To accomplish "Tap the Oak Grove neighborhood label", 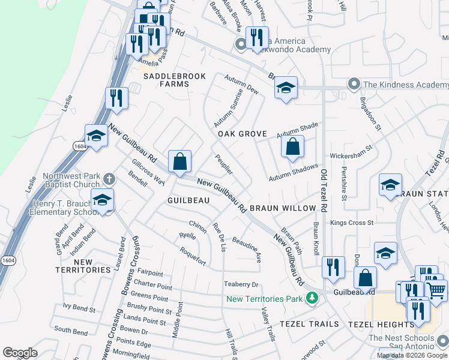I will [242, 134].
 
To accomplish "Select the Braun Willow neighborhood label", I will [282, 208].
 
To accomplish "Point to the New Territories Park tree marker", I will [312, 298].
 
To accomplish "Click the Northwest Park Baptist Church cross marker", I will [109, 178].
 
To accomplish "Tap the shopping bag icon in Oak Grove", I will [292, 146].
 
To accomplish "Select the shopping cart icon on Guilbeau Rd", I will [436, 290].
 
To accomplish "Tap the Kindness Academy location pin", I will [354, 85].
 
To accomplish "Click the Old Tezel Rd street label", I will [324, 190].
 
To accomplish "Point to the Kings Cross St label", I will [352, 223].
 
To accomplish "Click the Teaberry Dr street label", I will [241, 284].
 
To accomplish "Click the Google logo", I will [20, 353].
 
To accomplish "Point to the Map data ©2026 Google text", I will [412, 355].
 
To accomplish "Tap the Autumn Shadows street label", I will [293, 173].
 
